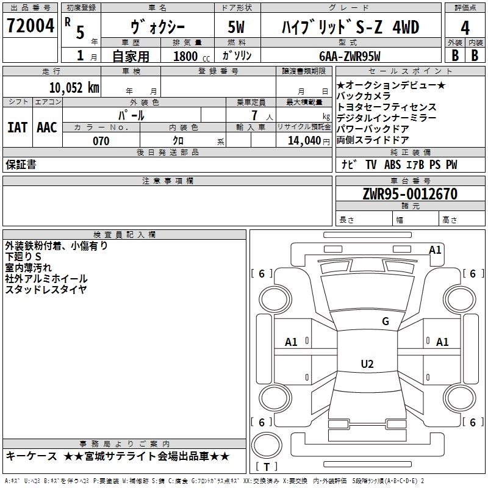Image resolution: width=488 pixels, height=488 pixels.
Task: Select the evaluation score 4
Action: pos(465,27)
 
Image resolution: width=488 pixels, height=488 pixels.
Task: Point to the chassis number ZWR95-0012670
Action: pos(410,194)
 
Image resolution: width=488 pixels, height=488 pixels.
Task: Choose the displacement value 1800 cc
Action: pos(188,56)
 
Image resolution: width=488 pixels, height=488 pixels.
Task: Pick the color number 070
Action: pos(101,141)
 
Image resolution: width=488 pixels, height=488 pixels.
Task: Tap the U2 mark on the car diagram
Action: pos(367,364)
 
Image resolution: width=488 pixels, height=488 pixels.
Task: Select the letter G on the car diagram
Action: pos(385,321)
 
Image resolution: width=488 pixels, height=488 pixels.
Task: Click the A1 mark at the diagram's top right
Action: pos(435,249)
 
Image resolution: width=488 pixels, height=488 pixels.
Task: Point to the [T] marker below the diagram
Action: pos(266,467)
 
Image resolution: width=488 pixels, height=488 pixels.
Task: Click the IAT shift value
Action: pos(17,127)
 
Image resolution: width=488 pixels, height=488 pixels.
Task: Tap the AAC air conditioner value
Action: pos(46,127)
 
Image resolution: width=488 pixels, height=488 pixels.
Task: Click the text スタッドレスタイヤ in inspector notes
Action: pos(46,289)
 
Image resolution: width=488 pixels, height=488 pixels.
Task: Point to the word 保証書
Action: pos(21,165)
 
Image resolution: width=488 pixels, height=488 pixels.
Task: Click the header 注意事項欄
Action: pos(167,181)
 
